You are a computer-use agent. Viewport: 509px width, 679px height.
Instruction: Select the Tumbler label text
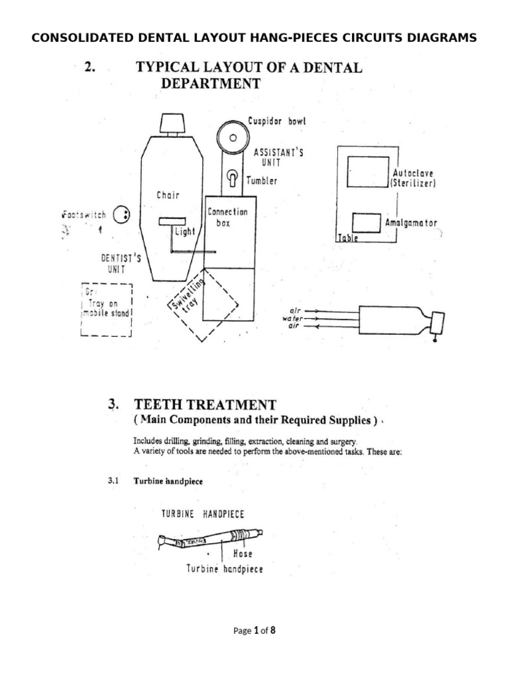262,180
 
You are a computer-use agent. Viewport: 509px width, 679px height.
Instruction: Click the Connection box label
227,217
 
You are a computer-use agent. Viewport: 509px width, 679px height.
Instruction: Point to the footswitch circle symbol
122,215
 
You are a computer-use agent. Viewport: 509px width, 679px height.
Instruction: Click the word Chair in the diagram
168,195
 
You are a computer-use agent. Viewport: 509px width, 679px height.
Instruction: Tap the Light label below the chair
184,232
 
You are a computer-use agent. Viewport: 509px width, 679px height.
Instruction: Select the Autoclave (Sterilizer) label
413,178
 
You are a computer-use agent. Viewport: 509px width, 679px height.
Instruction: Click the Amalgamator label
411,223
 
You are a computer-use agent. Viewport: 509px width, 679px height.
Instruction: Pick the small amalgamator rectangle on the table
366,222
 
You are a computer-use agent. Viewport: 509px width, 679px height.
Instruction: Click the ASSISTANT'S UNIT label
278,157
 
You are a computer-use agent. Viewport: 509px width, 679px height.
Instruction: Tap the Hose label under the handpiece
243,553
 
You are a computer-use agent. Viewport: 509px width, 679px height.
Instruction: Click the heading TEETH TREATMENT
205,404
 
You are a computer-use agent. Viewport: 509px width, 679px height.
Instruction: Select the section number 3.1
113,481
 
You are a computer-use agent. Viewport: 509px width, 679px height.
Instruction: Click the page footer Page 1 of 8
254,631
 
